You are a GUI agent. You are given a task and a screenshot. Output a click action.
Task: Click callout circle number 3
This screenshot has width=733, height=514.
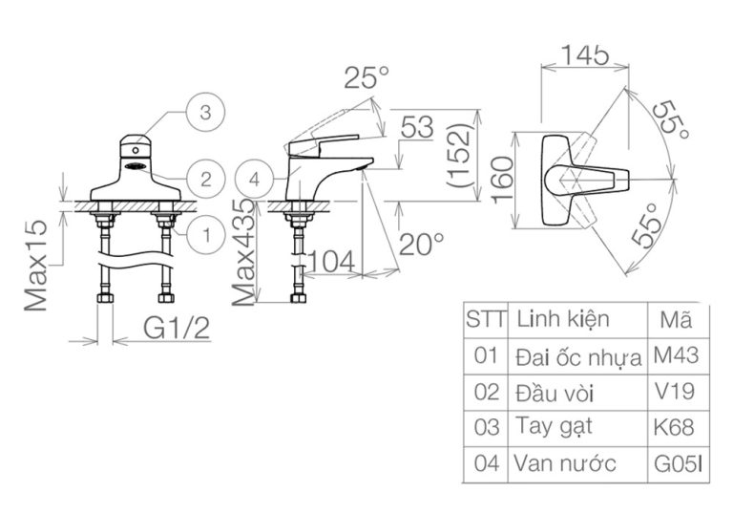[204, 113]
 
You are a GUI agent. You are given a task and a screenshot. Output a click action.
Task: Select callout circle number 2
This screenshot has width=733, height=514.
[204, 178]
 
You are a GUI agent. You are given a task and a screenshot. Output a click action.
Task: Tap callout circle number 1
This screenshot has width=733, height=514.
[204, 231]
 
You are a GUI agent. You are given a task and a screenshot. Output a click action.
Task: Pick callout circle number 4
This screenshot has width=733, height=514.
[253, 178]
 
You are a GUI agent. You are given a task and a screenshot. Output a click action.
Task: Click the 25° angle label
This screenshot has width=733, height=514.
[368, 77]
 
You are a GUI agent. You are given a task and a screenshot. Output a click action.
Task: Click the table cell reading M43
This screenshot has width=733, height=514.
[676, 356]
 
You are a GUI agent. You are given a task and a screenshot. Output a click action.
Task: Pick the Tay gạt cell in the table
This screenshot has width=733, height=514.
[550, 426]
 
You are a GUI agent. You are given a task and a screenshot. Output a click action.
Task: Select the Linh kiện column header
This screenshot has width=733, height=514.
[561, 318]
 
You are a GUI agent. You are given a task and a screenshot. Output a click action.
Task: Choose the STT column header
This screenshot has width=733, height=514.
[486, 318]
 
